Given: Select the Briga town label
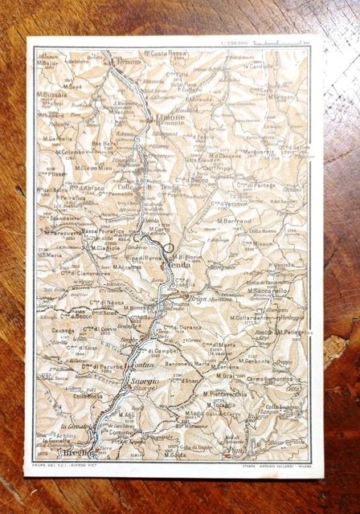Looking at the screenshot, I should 198,298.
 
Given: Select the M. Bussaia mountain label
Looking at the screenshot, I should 52,93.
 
